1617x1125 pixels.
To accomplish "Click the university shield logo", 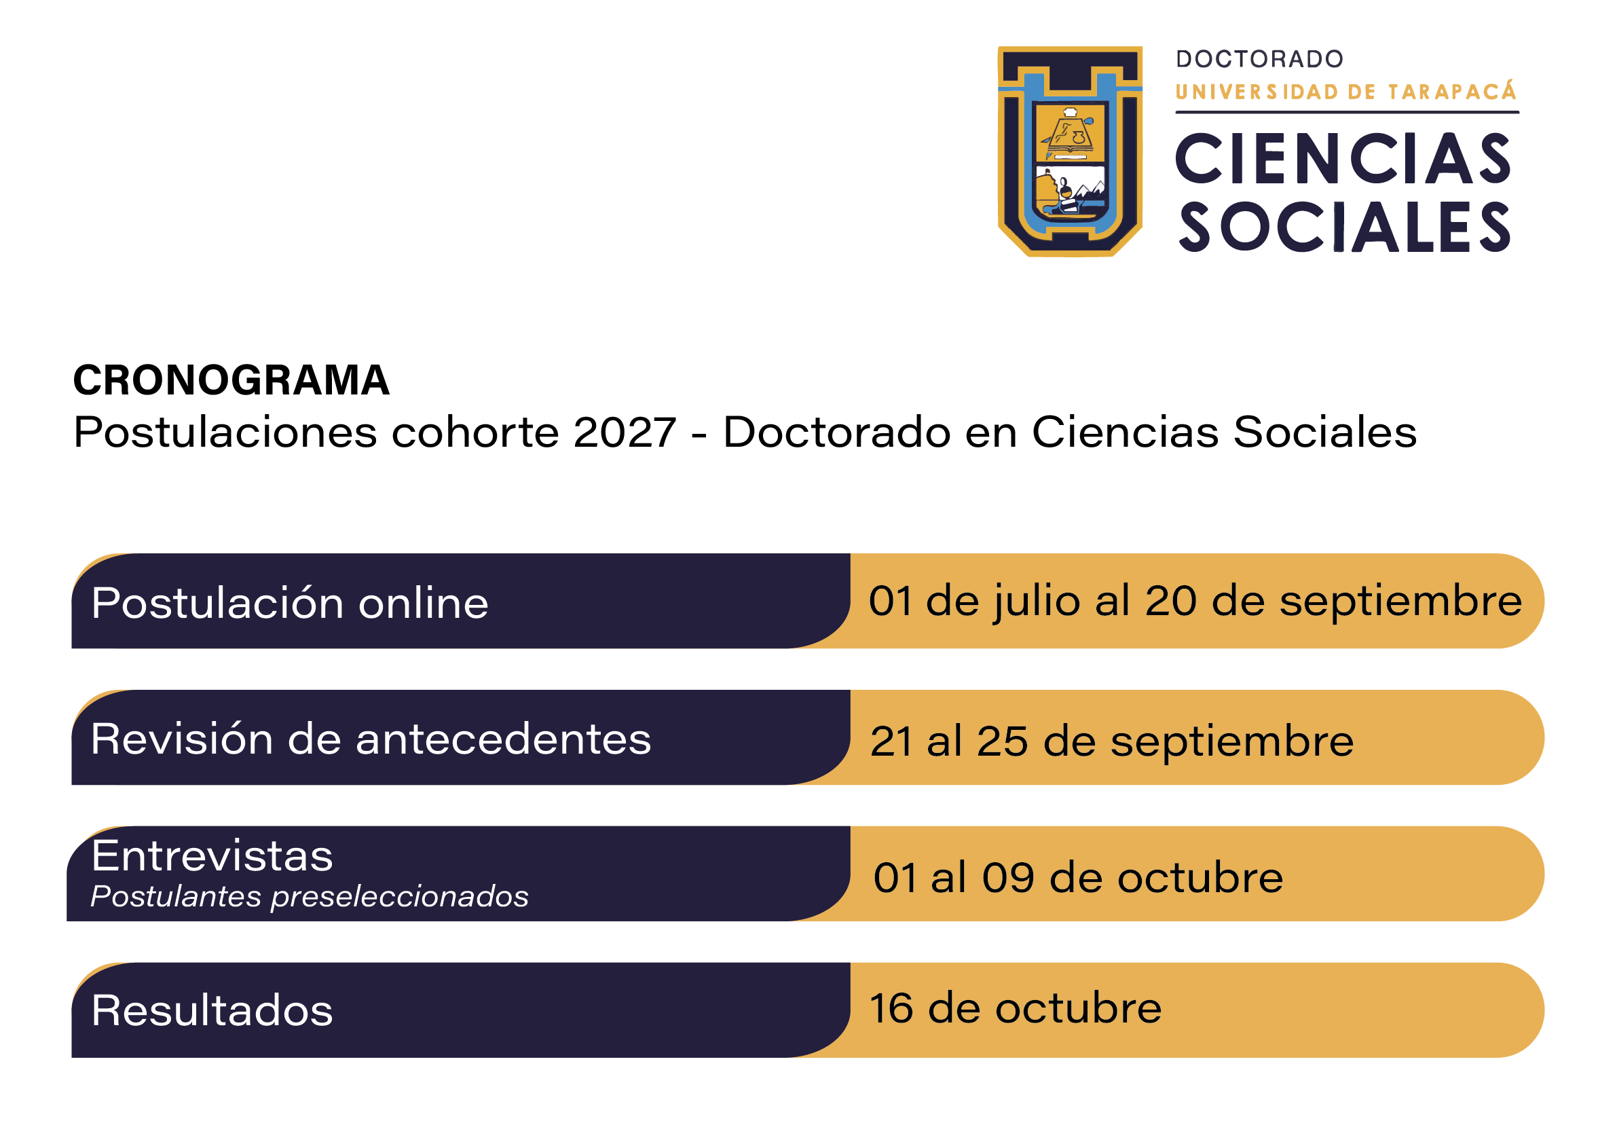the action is click(1070, 151).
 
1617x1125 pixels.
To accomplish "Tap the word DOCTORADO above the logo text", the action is click(1260, 59).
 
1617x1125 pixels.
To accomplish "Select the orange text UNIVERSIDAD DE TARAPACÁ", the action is click(1346, 91).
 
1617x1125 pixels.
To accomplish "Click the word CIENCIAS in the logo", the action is click(1343, 158).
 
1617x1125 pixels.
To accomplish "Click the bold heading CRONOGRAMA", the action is click(231, 380).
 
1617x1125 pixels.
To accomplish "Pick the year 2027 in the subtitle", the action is click(625, 432).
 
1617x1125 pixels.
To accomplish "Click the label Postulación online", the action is click(289, 604).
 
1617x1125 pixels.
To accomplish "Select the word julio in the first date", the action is click(1037, 603).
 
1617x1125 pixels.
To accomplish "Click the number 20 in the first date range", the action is click(1170, 601).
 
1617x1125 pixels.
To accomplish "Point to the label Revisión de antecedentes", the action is click(371, 739).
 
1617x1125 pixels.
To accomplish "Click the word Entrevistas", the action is click(212, 857).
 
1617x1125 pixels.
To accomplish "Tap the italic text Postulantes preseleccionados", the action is click(309, 897).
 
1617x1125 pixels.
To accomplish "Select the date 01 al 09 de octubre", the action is click(1078, 878).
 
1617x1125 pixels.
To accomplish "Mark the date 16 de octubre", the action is click(1016, 1008).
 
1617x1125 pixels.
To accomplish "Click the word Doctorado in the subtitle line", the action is click(836, 432).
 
